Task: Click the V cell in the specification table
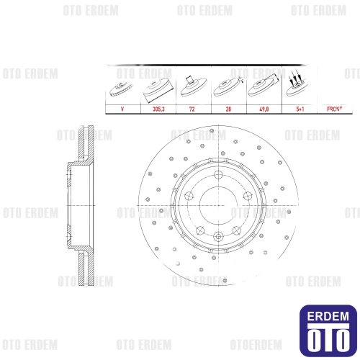click(x=122, y=109)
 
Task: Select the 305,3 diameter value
click(x=158, y=109)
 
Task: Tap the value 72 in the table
click(x=192, y=109)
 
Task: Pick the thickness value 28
click(x=228, y=109)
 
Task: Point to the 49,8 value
click(x=264, y=109)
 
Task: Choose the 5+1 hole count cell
click(x=300, y=109)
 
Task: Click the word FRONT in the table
click(x=335, y=109)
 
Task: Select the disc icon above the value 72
click(x=194, y=86)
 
